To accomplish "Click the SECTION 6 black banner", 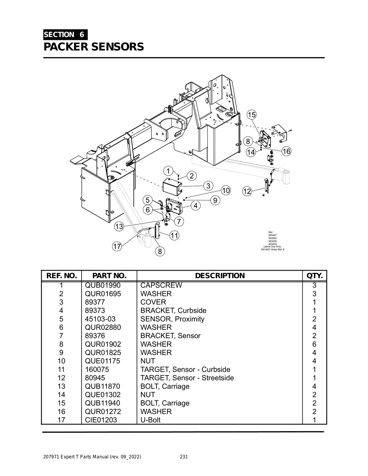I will click(65, 35).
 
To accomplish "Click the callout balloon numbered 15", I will click(252, 115).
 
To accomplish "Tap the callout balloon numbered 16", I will click(286, 151).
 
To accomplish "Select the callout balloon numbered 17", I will click(117, 247).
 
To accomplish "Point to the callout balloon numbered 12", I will click(247, 191).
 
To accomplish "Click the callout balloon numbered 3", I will click(208, 186).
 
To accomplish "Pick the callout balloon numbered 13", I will click(119, 227).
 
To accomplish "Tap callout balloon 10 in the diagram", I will click(226, 190).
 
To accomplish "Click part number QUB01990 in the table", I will click(103, 285).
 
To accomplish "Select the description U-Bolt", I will click(150, 420).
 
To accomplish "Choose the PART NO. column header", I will click(109, 276).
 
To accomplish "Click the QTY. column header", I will click(314, 276).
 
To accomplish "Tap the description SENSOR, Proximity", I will click(172, 319).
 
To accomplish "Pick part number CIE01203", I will click(101, 420).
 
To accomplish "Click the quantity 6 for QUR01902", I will click(314, 344).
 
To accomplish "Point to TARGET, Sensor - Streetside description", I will click(187, 378).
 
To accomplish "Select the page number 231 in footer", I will click(184, 457).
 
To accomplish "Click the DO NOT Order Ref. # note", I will click(272, 249).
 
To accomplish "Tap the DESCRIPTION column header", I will click(220, 276).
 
